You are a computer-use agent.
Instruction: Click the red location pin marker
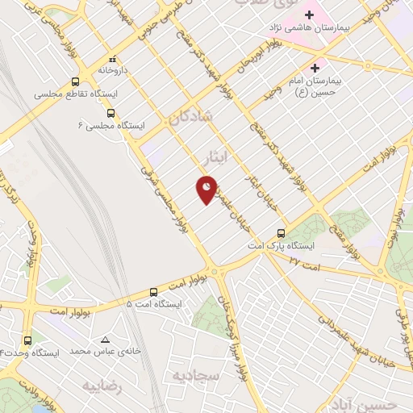click(x=206, y=190)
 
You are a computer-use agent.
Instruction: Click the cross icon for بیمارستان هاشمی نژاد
click(x=309, y=15)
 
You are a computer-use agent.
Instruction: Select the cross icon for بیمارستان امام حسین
click(x=315, y=67)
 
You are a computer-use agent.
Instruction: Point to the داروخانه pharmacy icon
click(x=113, y=59)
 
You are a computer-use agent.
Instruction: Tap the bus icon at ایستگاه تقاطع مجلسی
click(x=75, y=81)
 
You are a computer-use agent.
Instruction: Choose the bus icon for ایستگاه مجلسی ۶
click(x=111, y=114)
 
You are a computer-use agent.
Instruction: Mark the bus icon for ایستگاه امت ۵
click(x=154, y=292)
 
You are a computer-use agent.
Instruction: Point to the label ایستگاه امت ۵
click(x=154, y=304)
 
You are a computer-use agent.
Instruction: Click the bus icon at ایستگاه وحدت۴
click(x=28, y=340)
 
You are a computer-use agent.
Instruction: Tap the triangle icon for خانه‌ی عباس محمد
click(x=106, y=340)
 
